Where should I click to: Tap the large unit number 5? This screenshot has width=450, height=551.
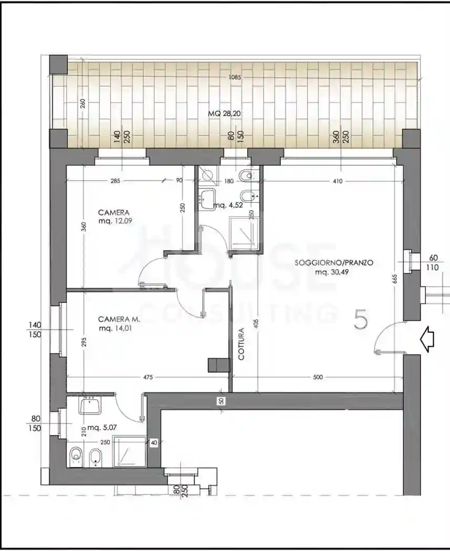(360, 320)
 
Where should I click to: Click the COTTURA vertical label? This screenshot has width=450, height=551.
(242, 344)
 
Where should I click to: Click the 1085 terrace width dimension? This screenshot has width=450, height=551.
(234, 78)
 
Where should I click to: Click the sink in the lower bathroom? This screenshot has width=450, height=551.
(90, 405)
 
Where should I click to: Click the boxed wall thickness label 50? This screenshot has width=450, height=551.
(221, 401)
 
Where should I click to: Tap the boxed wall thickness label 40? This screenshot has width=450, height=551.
(153, 443)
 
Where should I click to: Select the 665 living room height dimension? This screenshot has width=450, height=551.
(394, 279)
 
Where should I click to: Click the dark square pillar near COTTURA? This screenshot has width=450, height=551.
(216, 365)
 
